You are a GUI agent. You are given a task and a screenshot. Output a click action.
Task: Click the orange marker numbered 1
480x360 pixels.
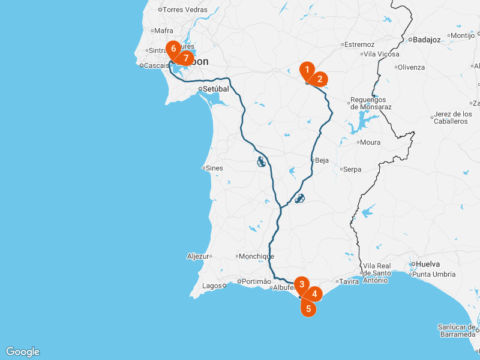(307, 70)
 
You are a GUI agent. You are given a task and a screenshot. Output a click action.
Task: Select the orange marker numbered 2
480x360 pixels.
(320, 79)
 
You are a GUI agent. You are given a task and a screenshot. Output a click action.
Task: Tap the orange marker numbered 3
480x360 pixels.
(302, 284)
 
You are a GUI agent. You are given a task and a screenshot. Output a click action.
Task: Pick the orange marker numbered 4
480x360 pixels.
(314, 294)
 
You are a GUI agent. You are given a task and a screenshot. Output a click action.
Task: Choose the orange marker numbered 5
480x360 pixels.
(308, 309)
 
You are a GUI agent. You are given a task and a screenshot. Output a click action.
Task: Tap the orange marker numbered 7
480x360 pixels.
(186, 58)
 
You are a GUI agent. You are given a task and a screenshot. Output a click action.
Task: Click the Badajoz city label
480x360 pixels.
(427, 40)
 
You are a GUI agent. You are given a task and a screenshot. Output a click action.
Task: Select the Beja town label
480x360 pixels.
(322, 160)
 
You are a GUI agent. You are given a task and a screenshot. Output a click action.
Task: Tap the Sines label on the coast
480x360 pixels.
(214, 168)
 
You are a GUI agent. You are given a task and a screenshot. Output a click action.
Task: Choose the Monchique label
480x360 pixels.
(256, 256)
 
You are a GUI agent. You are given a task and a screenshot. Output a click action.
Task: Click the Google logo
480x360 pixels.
(23, 352)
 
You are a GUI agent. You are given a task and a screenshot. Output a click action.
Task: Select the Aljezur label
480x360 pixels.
(197, 256)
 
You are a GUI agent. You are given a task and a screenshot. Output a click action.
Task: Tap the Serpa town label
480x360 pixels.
(352, 169)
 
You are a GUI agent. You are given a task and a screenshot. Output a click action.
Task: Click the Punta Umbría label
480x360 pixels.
(434, 274)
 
